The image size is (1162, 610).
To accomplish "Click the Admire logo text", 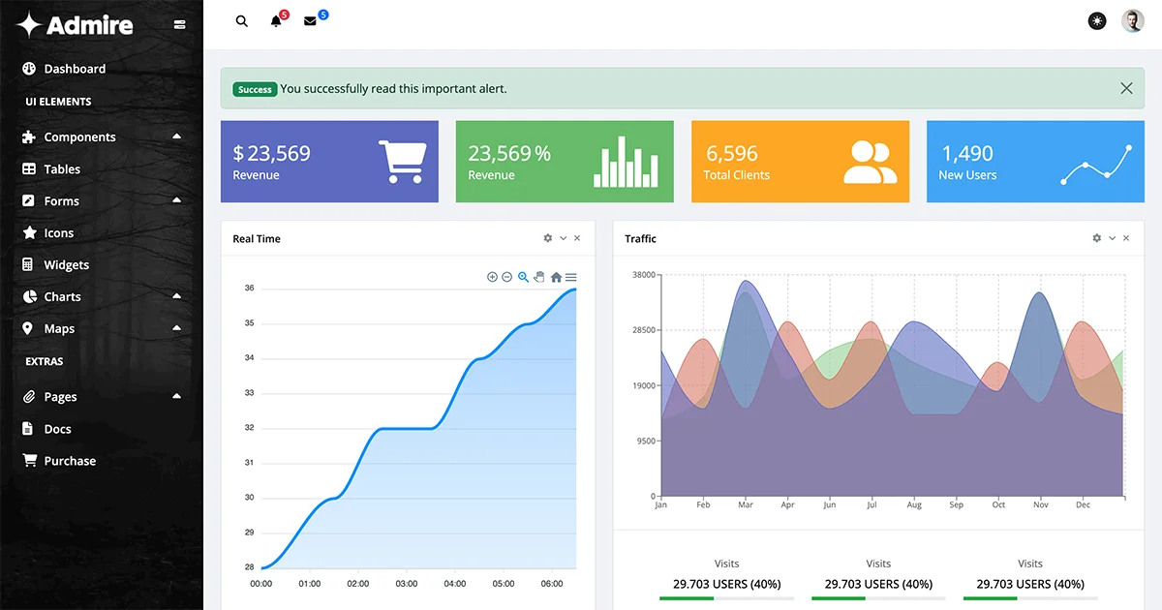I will pyautogui.click(x=89, y=25).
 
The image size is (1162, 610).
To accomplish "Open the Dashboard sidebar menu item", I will pyautogui.click(x=75, y=69).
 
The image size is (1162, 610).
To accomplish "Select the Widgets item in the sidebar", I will pyautogui.click(x=66, y=264).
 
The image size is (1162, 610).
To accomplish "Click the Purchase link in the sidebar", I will pyautogui.click(x=70, y=461).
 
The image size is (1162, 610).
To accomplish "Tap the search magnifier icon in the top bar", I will pyautogui.click(x=242, y=21).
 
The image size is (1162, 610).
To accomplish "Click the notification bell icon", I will pyautogui.click(x=276, y=21).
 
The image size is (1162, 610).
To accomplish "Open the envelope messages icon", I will pyautogui.click(x=310, y=21).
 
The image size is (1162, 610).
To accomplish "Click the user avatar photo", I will pyautogui.click(x=1132, y=20).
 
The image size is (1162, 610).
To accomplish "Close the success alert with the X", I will pyautogui.click(x=1126, y=88).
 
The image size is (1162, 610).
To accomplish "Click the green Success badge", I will pyautogui.click(x=255, y=89).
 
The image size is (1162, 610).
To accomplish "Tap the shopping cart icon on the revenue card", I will pyautogui.click(x=400, y=162).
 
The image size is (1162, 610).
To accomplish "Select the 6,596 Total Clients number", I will pyautogui.click(x=732, y=153).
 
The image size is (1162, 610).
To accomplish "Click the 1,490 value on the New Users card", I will pyautogui.click(x=967, y=153).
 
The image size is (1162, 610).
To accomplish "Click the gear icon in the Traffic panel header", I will pyautogui.click(x=1096, y=238).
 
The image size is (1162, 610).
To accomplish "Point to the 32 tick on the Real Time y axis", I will pyautogui.click(x=249, y=428).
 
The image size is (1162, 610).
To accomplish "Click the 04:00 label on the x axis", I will pyautogui.click(x=454, y=584).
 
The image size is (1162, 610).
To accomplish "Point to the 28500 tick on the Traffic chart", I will pyautogui.click(x=644, y=330).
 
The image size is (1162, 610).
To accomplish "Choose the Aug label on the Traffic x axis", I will pyautogui.click(x=914, y=504).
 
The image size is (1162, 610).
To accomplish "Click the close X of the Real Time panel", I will pyautogui.click(x=577, y=238).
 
